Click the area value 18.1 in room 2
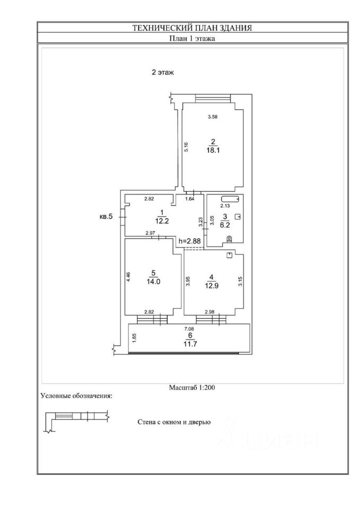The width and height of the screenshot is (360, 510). (x=213, y=150)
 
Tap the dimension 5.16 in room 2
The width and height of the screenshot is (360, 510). (x=186, y=147)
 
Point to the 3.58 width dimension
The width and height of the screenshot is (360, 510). (x=213, y=116)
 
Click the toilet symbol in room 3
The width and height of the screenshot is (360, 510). (x=229, y=239)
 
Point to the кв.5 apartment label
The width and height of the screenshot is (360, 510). (x=106, y=216)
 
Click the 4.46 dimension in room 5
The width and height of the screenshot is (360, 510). (x=128, y=277)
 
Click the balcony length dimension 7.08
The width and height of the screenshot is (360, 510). (x=190, y=329)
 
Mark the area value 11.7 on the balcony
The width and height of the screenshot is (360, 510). (x=189, y=344)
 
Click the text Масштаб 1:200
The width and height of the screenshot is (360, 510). (x=192, y=388)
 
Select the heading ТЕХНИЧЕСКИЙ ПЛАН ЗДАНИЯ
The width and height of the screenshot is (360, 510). (x=192, y=28)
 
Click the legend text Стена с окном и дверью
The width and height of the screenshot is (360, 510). (x=174, y=422)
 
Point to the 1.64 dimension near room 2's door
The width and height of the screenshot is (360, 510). (x=190, y=199)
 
